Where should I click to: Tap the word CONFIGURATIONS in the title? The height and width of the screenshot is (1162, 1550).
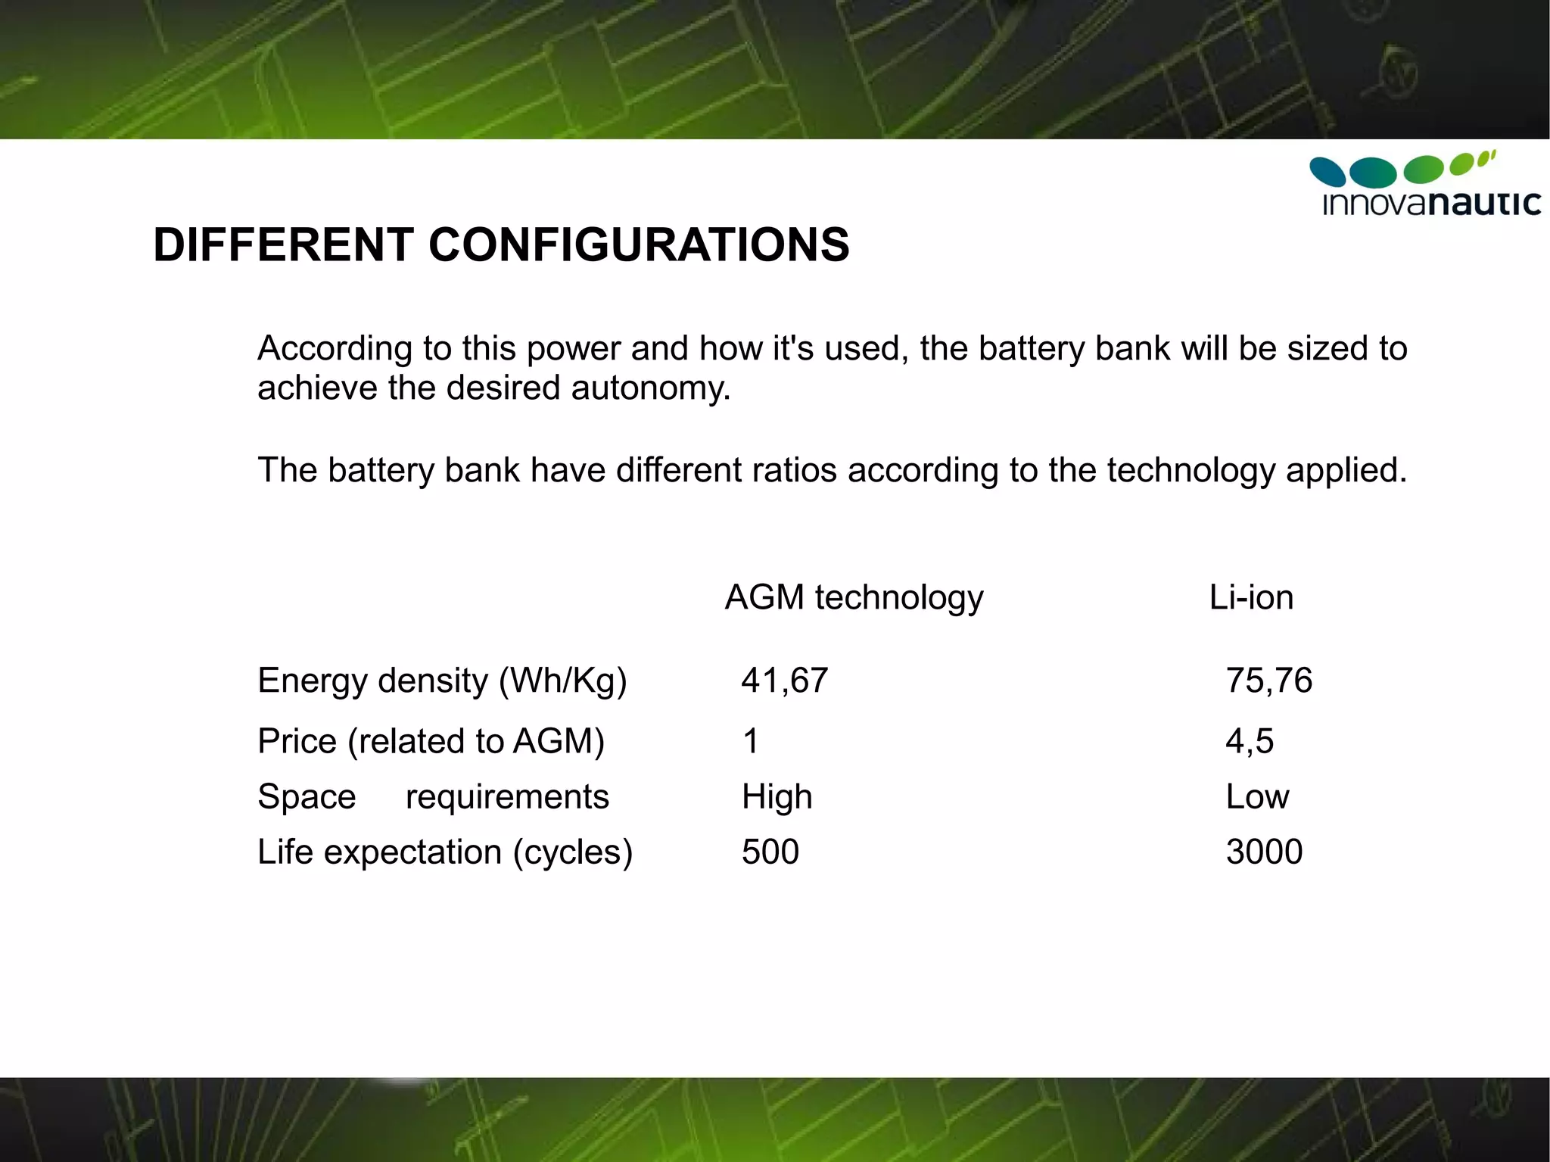(x=639, y=245)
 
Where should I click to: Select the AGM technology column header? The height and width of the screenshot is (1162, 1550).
(x=854, y=597)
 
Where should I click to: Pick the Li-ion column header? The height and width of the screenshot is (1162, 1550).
(x=1251, y=597)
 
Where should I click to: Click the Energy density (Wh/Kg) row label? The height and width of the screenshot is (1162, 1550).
(x=442, y=681)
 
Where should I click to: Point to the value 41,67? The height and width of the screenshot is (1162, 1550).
(x=784, y=681)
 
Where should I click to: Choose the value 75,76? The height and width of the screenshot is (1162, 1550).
(x=1268, y=681)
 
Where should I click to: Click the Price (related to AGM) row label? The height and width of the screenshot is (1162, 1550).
(x=431, y=741)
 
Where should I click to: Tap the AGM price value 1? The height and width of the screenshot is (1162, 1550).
(x=750, y=741)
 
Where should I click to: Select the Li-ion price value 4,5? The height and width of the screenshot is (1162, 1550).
(x=1250, y=741)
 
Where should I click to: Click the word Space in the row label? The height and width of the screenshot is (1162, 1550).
(x=307, y=797)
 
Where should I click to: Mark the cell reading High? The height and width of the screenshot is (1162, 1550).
(x=777, y=797)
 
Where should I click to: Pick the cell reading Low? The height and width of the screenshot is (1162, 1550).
(x=1257, y=797)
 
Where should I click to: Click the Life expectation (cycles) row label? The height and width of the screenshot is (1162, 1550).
(x=444, y=852)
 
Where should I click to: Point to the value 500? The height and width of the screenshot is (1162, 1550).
(x=770, y=852)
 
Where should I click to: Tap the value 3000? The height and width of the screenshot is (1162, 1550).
(x=1264, y=852)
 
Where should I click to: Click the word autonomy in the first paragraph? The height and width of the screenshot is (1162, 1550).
(x=650, y=388)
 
